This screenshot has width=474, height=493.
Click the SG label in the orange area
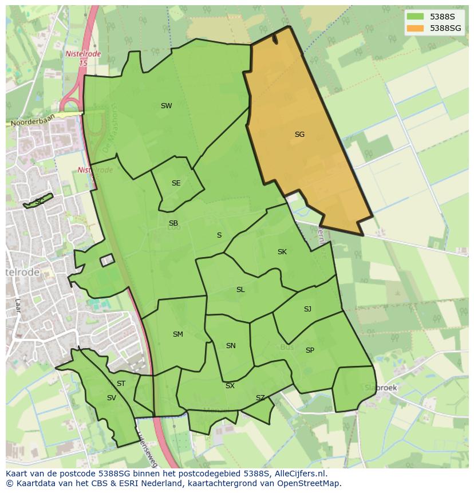[x=299, y=135]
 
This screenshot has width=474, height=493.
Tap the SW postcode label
[x=166, y=106]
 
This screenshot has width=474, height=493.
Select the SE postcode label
[x=176, y=183]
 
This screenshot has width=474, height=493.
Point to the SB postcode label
[x=173, y=223]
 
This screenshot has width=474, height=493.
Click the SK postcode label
[x=282, y=252]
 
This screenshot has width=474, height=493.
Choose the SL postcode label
[x=240, y=290]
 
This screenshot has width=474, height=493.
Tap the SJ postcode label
[x=307, y=309]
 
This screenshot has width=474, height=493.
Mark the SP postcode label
[x=310, y=350]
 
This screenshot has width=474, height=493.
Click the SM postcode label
[x=178, y=334]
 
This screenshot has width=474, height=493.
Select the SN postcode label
[x=231, y=346]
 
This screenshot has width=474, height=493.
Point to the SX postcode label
[x=230, y=386]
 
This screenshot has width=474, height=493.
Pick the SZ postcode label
[x=260, y=398]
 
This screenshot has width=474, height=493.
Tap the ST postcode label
[x=121, y=384]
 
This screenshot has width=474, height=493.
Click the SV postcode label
[x=111, y=398]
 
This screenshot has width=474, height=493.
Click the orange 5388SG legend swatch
[x=416, y=28]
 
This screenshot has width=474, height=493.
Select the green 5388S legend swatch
[x=416, y=17]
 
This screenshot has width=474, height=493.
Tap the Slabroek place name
[x=381, y=388]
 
